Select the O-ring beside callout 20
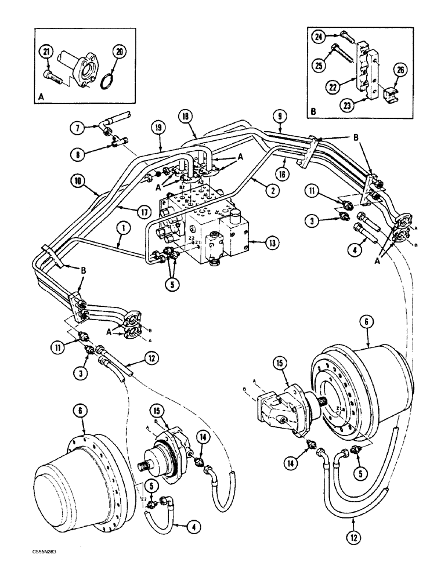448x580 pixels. tap(104, 84)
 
